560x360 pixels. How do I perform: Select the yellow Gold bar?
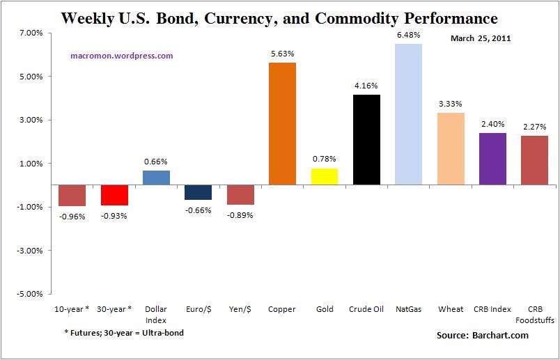coord(324,177)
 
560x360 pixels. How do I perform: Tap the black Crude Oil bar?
coord(366,139)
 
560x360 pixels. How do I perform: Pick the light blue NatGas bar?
coord(408,114)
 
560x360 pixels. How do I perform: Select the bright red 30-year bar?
coord(114,196)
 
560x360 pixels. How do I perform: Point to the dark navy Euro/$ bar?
coord(198,193)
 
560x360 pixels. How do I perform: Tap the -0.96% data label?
coord(72,216)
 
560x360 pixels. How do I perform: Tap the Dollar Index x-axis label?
coord(155,313)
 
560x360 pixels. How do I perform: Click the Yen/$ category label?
coord(240,309)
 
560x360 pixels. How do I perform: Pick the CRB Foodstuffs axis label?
coord(534,313)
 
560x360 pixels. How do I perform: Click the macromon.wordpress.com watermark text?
coord(122,56)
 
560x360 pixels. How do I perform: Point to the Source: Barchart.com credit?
coord(482,336)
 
